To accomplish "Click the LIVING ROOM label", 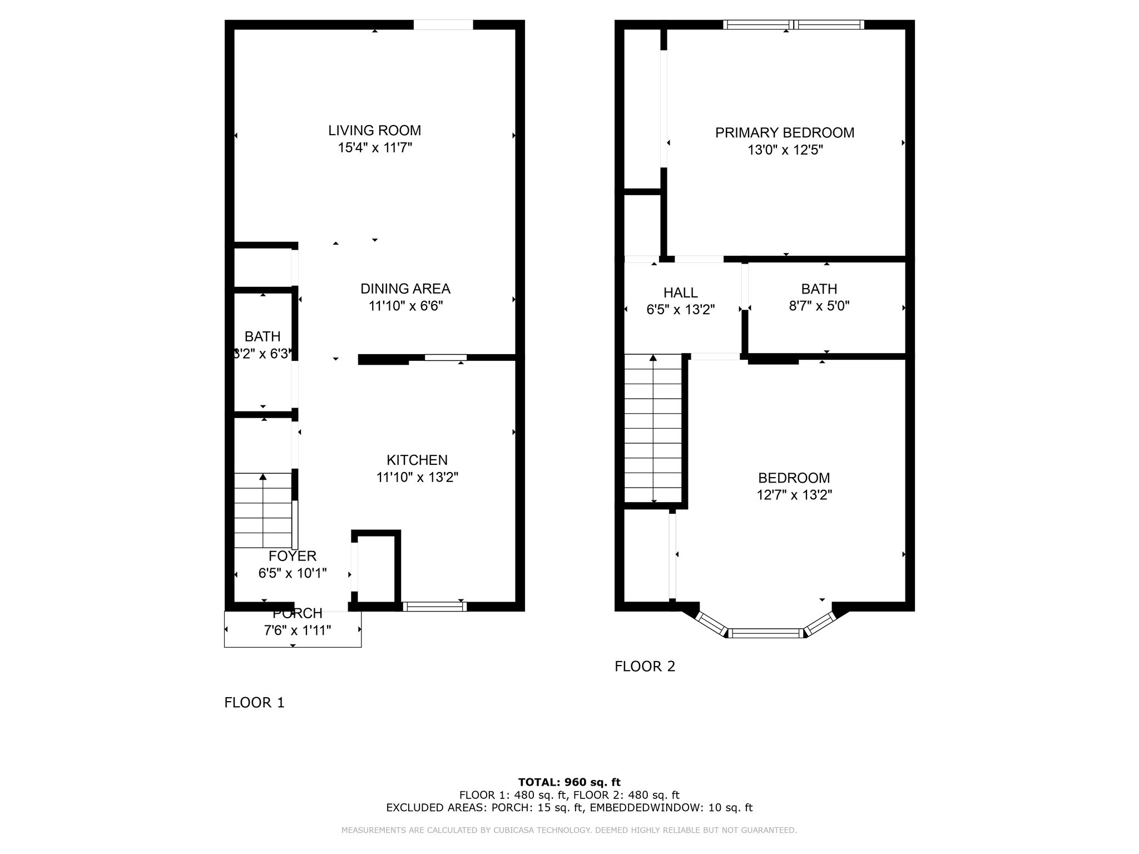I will tap(374, 131).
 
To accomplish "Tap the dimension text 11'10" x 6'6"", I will tap(405, 306).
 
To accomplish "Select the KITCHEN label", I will tap(417, 460).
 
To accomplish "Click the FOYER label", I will tap(293, 556).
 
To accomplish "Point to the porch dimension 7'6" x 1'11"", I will tap(297, 630).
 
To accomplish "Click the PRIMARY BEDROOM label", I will tap(784, 133).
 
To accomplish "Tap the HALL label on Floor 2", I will tap(680, 292).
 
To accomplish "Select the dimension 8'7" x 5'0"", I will tap(819, 306).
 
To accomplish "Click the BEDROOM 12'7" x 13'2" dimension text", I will tap(794, 495).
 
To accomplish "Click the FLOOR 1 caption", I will tap(254, 703).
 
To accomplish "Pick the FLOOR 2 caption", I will tap(645, 666).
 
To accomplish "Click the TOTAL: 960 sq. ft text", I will tap(569, 782).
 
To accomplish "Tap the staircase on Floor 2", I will tap(653, 428).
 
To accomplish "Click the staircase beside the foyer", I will tap(263, 510).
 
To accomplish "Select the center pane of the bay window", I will tap(765, 633).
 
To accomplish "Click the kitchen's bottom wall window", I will tap(434, 607).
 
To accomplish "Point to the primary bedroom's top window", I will tap(793, 24).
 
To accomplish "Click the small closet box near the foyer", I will tap(375, 569).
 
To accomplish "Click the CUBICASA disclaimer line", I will tap(569, 830).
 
